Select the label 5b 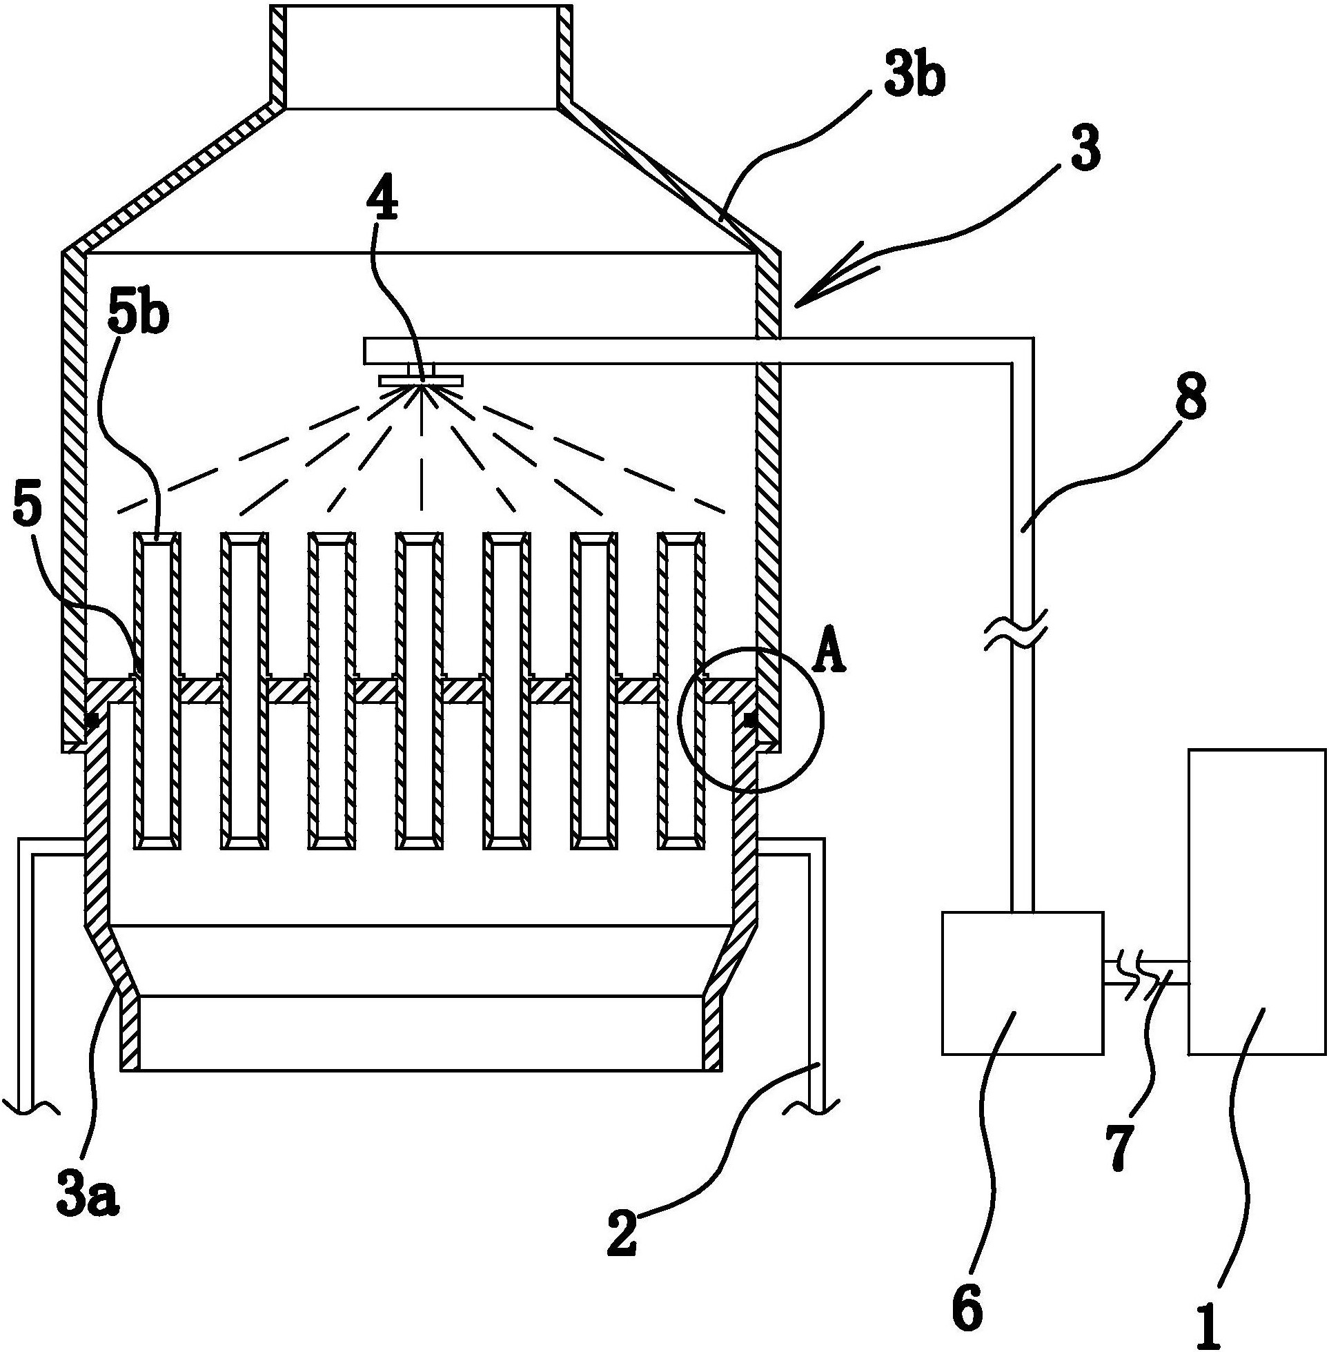tap(137, 315)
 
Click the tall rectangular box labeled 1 tap(1257, 901)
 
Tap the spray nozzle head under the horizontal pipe tap(422, 380)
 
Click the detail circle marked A tap(750, 720)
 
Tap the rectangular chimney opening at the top tap(422, 56)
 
